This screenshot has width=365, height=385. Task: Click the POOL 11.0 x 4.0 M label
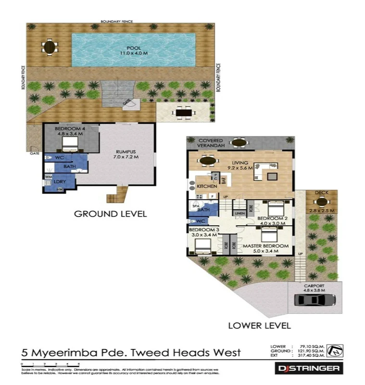coord(134,51)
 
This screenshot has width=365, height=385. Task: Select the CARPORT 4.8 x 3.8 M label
coord(314,288)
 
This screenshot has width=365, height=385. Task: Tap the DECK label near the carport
coord(321,192)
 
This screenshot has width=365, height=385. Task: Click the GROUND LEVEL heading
coord(110,214)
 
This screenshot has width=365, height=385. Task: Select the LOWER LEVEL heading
coord(259,325)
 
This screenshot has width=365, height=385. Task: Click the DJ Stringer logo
coord(309,369)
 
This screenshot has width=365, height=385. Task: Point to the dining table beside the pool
coord(50,47)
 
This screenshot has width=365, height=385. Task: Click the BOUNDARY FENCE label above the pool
coord(116,22)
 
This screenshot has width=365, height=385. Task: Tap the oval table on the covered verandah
coord(239,142)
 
